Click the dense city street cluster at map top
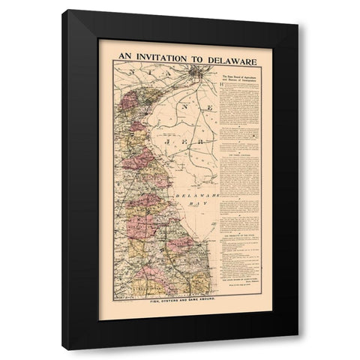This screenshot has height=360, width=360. pyautogui.click(x=196, y=73)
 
